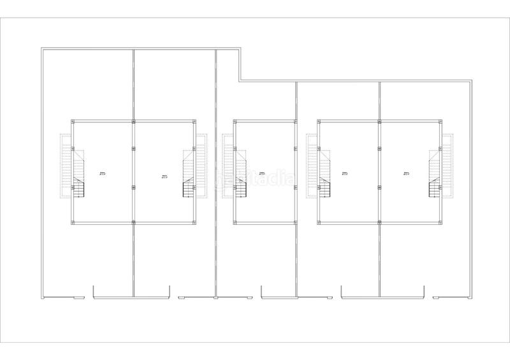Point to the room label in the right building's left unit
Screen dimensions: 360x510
click(x=344, y=174)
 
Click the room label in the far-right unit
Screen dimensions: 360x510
click(x=406, y=174)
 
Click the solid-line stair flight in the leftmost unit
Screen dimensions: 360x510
click(x=78, y=189)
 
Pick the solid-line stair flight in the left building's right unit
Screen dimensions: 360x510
click(x=189, y=189)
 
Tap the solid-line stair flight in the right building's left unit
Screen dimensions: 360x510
click(x=324, y=189)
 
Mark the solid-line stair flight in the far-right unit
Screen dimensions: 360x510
click(x=435, y=189)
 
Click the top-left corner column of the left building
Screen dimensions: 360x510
click(x=72, y=121)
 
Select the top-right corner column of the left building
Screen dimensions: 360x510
click(x=194, y=121)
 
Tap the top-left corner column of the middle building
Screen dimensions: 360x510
click(x=235, y=121)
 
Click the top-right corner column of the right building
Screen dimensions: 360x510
click(x=441, y=121)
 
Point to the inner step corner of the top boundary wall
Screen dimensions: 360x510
click(x=240, y=81)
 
